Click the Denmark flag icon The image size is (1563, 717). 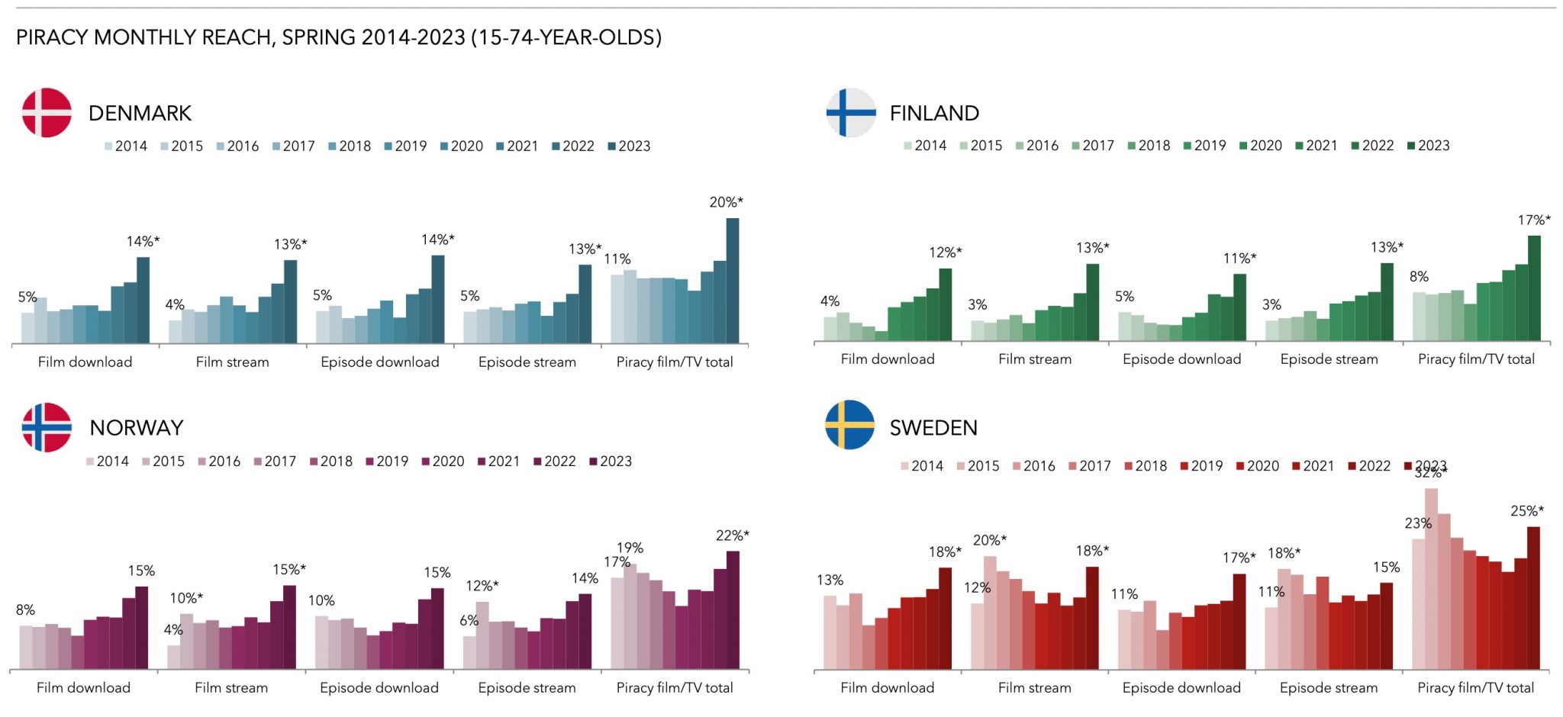click(47, 113)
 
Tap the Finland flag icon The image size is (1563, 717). click(850, 113)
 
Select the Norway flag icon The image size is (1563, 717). click(47, 427)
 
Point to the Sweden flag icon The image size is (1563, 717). click(849, 425)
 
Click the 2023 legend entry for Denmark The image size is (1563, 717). click(629, 146)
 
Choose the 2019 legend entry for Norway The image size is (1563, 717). click(387, 461)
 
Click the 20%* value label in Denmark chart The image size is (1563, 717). click(726, 202)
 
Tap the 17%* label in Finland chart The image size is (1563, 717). click(1534, 220)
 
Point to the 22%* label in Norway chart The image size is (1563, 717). click(732, 535)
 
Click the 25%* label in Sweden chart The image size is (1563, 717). click(1526, 511)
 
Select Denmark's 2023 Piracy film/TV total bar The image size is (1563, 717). click(732, 281)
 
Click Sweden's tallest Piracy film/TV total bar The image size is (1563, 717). click(1431, 580)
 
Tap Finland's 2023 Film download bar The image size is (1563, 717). click(945, 304)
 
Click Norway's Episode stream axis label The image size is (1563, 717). click(527, 688)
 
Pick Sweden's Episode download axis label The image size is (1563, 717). click(1181, 688)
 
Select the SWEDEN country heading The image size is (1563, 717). click(933, 428)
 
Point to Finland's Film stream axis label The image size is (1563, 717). click(1034, 359)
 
